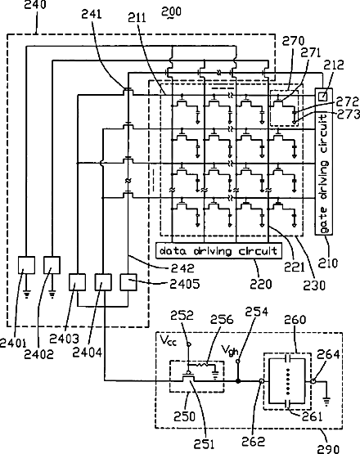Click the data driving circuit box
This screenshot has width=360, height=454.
(218, 250)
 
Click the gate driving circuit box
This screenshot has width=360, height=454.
(323, 161)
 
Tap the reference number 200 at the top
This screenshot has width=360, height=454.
(172, 12)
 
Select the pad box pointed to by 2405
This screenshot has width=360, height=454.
(128, 282)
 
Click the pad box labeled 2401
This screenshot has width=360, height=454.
(27, 265)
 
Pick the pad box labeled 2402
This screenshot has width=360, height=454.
(52, 265)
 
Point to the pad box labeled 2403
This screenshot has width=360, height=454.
(77, 282)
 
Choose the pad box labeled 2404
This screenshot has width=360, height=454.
(103, 282)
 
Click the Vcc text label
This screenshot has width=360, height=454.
(168, 340)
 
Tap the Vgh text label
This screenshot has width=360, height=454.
(230, 350)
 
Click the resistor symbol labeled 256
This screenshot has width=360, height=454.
(203, 364)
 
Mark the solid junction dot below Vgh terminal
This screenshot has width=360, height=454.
(238, 381)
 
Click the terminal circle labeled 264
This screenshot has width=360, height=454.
(313, 381)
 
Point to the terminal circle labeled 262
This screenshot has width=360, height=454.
(262, 381)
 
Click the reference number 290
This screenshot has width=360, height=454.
(328, 448)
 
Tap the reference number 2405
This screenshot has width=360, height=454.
(184, 284)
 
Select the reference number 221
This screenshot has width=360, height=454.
(295, 267)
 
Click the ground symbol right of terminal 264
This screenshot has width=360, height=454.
(326, 402)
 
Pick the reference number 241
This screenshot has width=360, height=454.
(92, 14)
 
